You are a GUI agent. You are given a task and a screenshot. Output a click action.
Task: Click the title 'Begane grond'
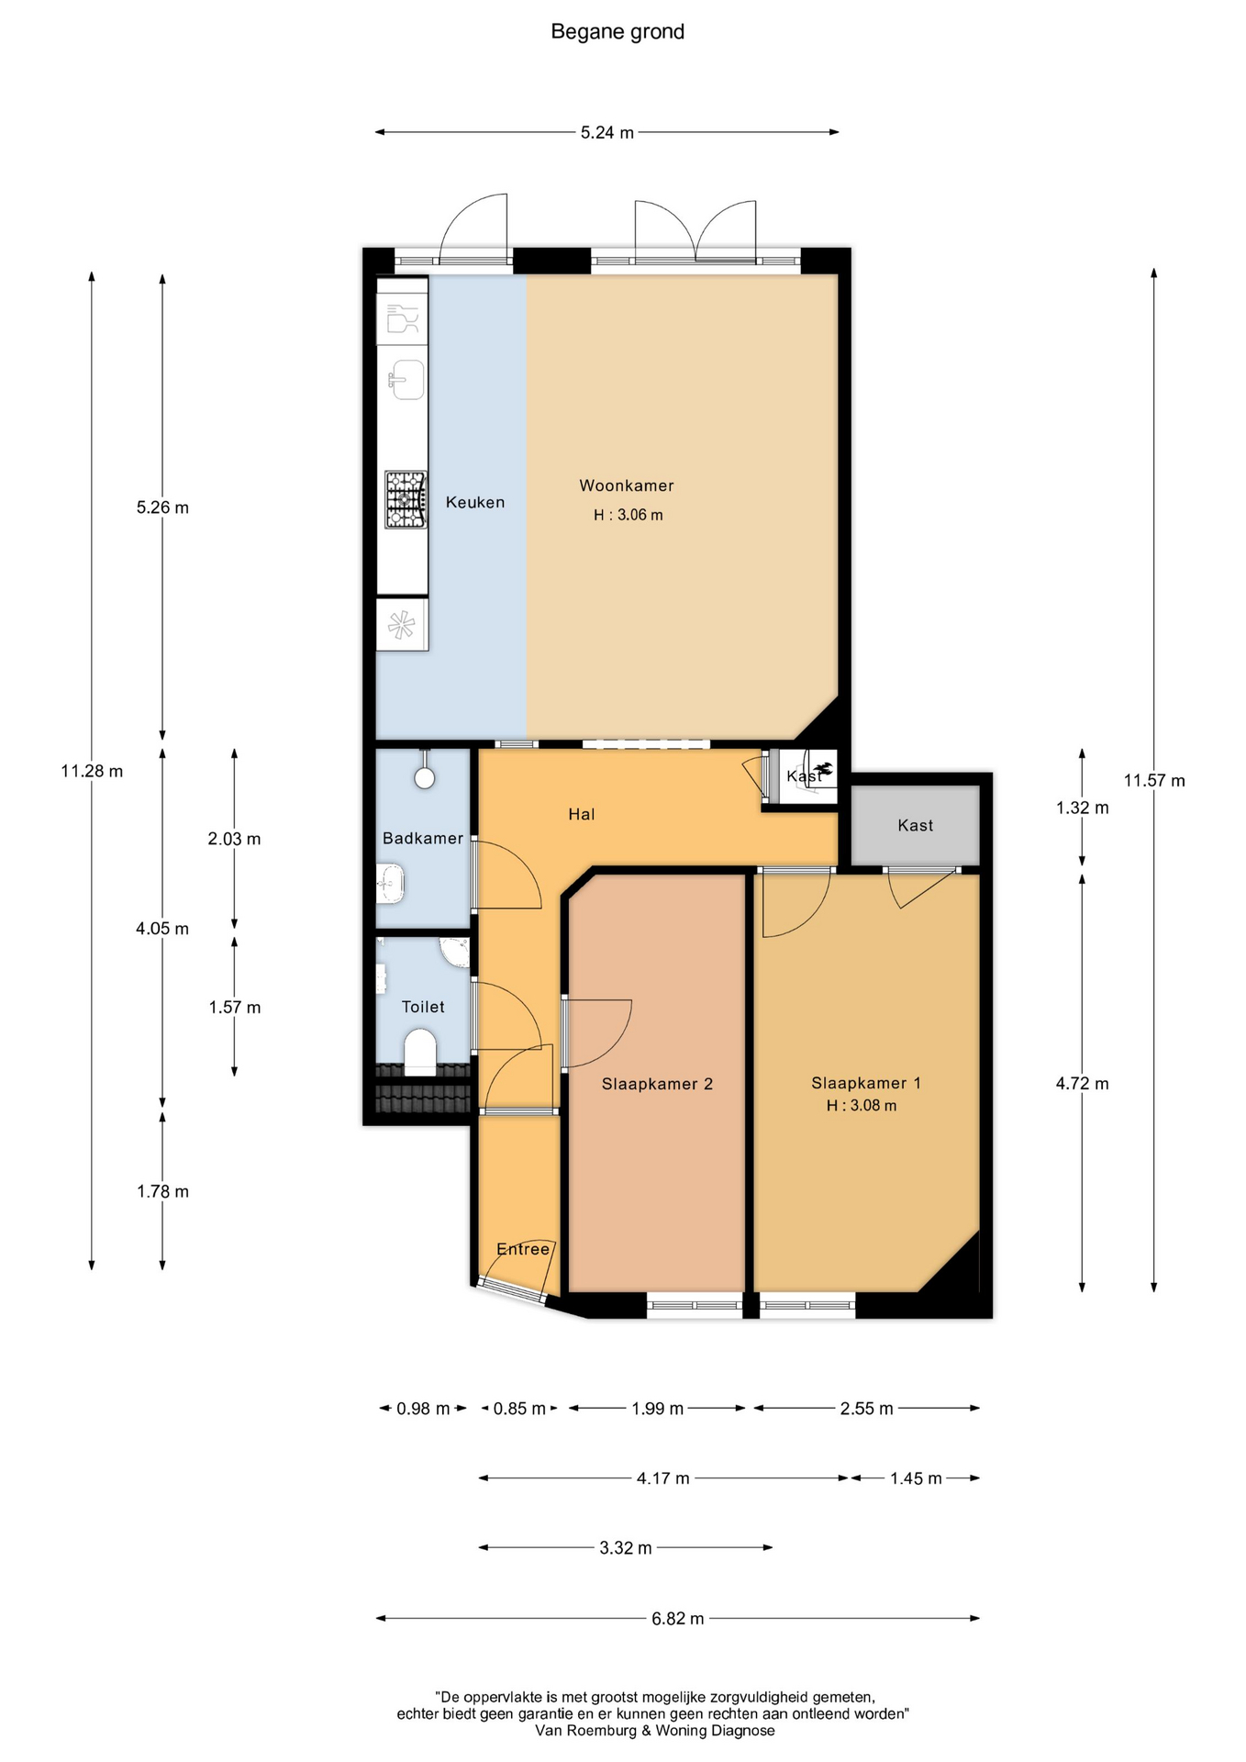(x=617, y=32)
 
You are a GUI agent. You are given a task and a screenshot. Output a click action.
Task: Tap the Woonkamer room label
(x=627, y=485)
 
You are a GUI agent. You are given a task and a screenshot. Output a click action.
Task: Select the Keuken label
(x=475, y=502)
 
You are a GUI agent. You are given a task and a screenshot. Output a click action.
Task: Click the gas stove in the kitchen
(x=406, y=499)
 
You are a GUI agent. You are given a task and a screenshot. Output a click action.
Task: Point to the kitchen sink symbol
(x=406, y=379)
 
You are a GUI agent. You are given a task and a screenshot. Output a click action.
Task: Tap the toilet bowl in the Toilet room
(x=420, y=1052)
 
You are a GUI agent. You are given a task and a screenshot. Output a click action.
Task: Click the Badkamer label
(x=423, y=838)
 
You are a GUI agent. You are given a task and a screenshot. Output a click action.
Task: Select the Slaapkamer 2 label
(x=657, y=1084)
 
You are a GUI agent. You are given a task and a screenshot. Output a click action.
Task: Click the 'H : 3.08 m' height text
(x=862, y=1106)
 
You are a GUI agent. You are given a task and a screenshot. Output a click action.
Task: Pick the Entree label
(x=523, y=1249)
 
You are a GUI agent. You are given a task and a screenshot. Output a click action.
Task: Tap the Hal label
(x=582, y=814)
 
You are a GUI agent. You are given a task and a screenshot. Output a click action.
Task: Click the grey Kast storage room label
(x=916, y=825)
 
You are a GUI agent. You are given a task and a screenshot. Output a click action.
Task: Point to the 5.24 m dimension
(x=607, y=132)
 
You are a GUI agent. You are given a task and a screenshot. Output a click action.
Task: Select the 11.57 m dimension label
(x=1154, y=781)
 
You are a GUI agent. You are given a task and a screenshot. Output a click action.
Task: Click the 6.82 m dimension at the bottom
(x=678, y=1619)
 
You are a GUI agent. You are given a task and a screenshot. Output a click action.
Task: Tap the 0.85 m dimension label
(x=519, y=1409)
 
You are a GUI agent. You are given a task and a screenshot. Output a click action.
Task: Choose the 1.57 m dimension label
(x=235, y=1008)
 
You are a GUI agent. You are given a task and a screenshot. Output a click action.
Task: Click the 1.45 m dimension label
(x=916, y=1478)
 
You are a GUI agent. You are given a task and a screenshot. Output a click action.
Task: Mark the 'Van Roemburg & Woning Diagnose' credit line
(x=655, y=1731)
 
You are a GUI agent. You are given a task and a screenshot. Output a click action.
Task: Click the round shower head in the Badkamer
(x=424, y=778)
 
